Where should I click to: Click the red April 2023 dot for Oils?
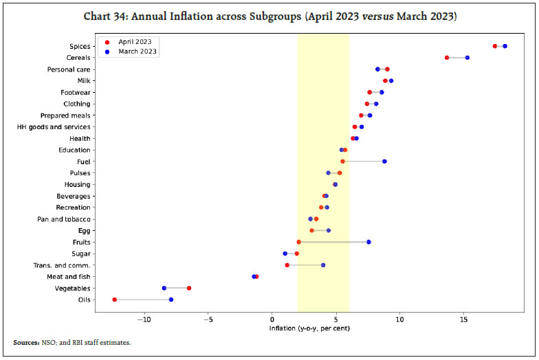coord(115,300)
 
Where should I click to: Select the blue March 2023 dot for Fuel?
coord(384,161)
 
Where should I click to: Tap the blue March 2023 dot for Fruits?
coord(368,242)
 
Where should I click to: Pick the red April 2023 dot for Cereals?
coord(447,58)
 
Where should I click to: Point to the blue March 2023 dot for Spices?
coord(505,46)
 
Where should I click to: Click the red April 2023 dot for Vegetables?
coord(189,288)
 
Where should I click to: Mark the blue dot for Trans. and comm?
coord(323,265)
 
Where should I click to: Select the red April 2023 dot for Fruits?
coord(298,242)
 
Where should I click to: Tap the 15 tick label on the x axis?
coord(464,320)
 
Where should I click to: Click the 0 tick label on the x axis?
coord(272,320)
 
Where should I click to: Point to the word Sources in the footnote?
coord(26,342)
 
